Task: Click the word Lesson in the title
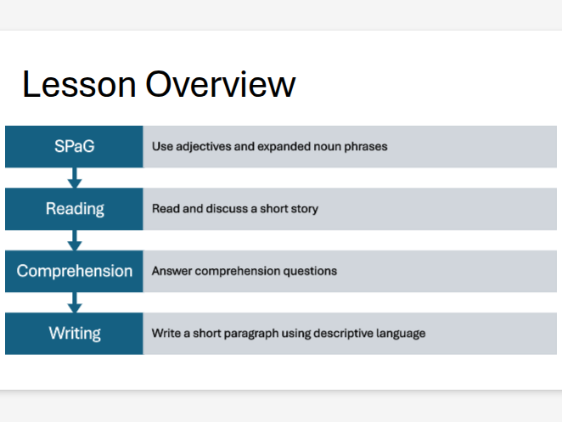click(x=78, y=85)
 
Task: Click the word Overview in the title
click(x=220, y=85)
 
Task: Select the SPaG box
click(x=74, y=146)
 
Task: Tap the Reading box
click(x=74, y=209)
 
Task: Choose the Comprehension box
click(x=74, y=272)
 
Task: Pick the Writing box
click(x=74, y=334)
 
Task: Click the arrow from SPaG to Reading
click(x=75, y=177)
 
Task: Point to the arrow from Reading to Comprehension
click(x=75, y=240)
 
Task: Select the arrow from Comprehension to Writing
click(x=75, y=303)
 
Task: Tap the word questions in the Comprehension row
click(x=309, y=272)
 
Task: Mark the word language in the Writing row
click(x=399, y=334)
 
